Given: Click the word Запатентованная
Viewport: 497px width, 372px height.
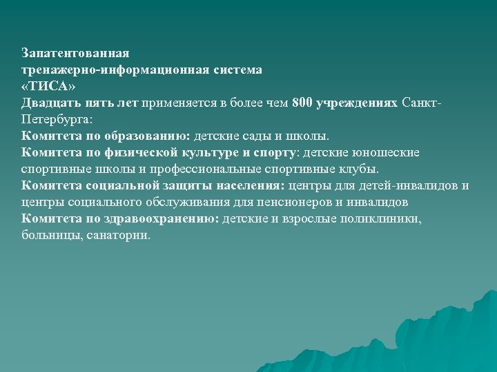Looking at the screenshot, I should [x=75, y=53].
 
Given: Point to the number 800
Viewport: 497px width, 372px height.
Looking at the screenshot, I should [x=302, y=103].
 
